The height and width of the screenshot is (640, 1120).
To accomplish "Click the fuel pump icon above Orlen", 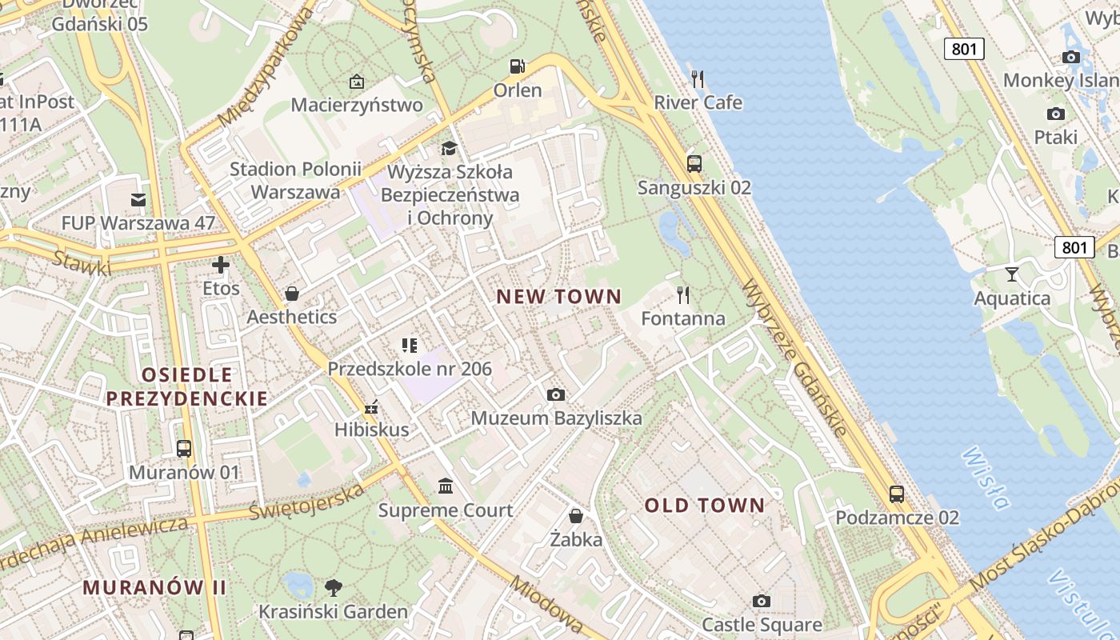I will pyautogui.click(x=518, y=66).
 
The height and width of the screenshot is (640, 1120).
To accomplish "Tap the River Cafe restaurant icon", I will pyautogui.click(x=698, y=78).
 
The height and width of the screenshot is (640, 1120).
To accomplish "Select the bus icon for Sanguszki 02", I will pyautogui.click(x=694, y=164).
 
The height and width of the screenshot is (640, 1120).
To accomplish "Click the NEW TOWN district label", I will pyautogui.click(x=558, y=297).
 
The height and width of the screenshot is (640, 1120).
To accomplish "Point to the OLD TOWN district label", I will pyautogui.click(x=705, y=506).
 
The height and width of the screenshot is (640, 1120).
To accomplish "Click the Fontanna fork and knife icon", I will pyautogui.click(x=683, y=295).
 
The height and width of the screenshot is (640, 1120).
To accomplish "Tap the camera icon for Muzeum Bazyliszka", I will pyautogui.click(x=556, y=394).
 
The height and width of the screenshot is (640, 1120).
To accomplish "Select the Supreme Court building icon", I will pyautogui.click(x=446, y=486).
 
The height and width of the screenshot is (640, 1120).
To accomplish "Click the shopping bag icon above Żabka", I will pyautogui.click(x=576, y=516).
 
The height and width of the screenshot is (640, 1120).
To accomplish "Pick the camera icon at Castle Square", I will pyautogui.click(x=762, y=601).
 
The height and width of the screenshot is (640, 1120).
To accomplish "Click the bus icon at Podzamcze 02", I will pyautogui.click(x=897, y=494).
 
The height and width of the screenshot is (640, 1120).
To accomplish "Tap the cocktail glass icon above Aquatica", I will pyautogui.click(x=1012, y=274).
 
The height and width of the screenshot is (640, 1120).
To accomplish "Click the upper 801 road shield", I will pyautogui.click(x=964, y=49).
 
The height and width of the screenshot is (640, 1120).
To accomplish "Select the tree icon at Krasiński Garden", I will pyautogui.click(x=334, y=588).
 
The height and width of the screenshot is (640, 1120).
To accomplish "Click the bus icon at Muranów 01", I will pyautogui.click(x=184, y=448).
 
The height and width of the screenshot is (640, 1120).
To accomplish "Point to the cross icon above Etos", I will pyautogui.click(x=221, y=265).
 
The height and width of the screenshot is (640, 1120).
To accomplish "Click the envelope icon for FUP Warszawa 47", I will pyautogui.click(x=138, y=199).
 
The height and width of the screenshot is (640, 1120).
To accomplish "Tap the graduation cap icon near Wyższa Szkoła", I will pyautogui.click(x=449, y=149).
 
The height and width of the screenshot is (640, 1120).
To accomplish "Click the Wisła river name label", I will pyautogui.click(x=986, y=478).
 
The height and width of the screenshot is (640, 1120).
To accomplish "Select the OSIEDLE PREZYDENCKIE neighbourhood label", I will pyautogui.click(x=187, y=386).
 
